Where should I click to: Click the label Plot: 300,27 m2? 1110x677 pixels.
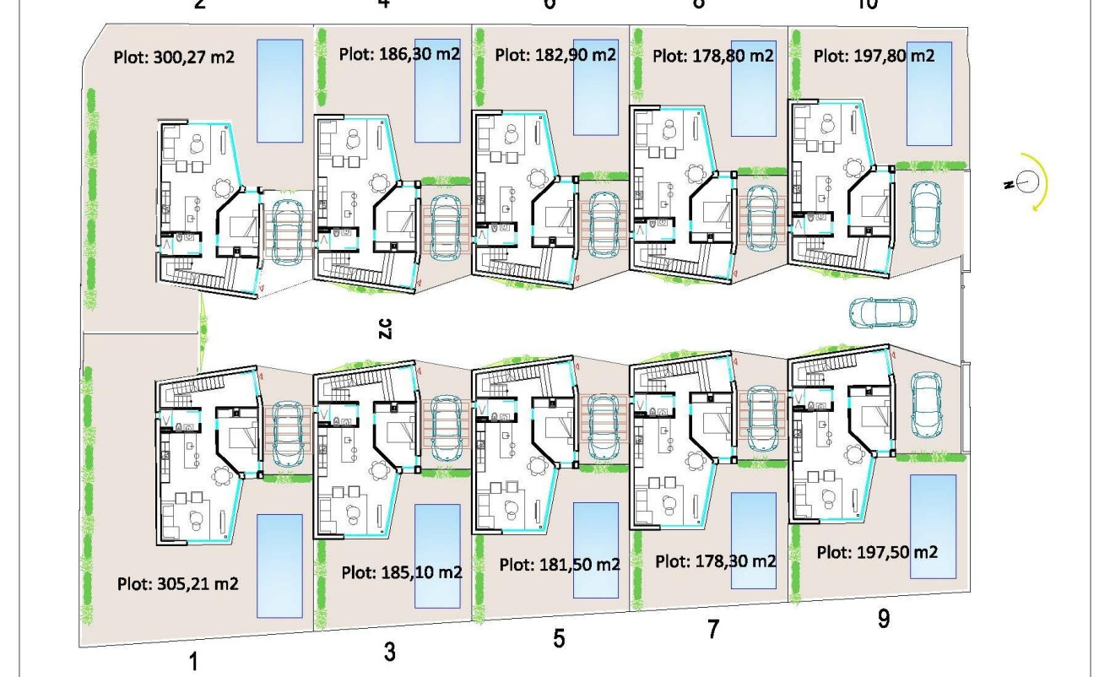click(172, 58)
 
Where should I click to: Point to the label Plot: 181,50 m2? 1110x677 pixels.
click(559, 565)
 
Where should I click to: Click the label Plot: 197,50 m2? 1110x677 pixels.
click(876, 550)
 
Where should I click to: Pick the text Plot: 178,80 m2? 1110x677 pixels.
click(713, 56)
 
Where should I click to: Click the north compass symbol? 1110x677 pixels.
click(1027, 180)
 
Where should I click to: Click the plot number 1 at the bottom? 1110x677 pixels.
click(194, 661)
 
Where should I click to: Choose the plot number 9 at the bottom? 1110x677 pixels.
click(883, 619)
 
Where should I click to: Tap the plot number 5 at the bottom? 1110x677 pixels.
click(559, 639)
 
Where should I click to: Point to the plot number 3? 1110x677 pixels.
click(389, 652)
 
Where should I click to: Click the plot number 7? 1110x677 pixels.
click(712, 631)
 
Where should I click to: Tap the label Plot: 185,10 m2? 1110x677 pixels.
click(402, 572)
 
